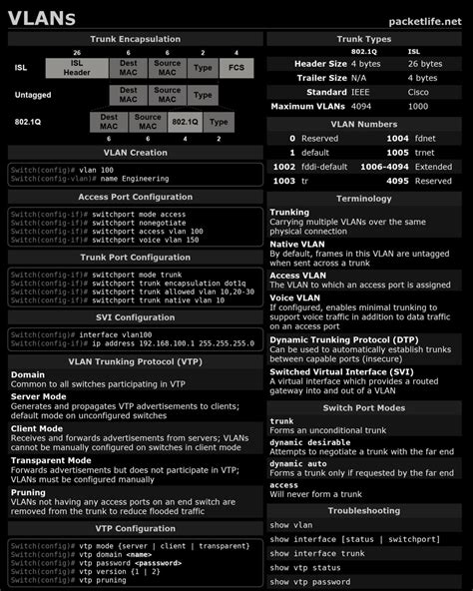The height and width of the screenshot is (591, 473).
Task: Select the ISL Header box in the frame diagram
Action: [x=77, y=67]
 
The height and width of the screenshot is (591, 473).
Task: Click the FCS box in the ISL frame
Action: [x=236, y=67]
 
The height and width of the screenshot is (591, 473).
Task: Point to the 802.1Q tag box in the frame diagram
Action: [x=185, y=122]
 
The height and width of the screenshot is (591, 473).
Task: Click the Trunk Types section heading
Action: [x=365, y=38]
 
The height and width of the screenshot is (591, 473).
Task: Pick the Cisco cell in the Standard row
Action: [x=419, y=92]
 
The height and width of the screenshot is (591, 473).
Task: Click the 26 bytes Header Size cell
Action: [x=425, y=63]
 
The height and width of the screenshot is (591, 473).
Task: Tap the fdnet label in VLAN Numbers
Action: [x=427, y=138]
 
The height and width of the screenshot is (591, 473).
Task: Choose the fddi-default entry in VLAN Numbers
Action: [x=326, y=167]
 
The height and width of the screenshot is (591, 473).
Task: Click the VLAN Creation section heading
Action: [x=136, y=153]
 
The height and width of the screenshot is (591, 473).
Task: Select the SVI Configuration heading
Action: [x=136, y=316]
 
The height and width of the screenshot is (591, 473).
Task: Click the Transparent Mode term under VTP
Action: [x=51, y=460]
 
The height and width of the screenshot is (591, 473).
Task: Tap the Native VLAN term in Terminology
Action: [x=297, y=244]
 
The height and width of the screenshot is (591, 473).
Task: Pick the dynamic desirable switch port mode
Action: [x=309, y=442]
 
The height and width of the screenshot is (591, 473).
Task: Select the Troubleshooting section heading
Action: [x=365, y=509]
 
